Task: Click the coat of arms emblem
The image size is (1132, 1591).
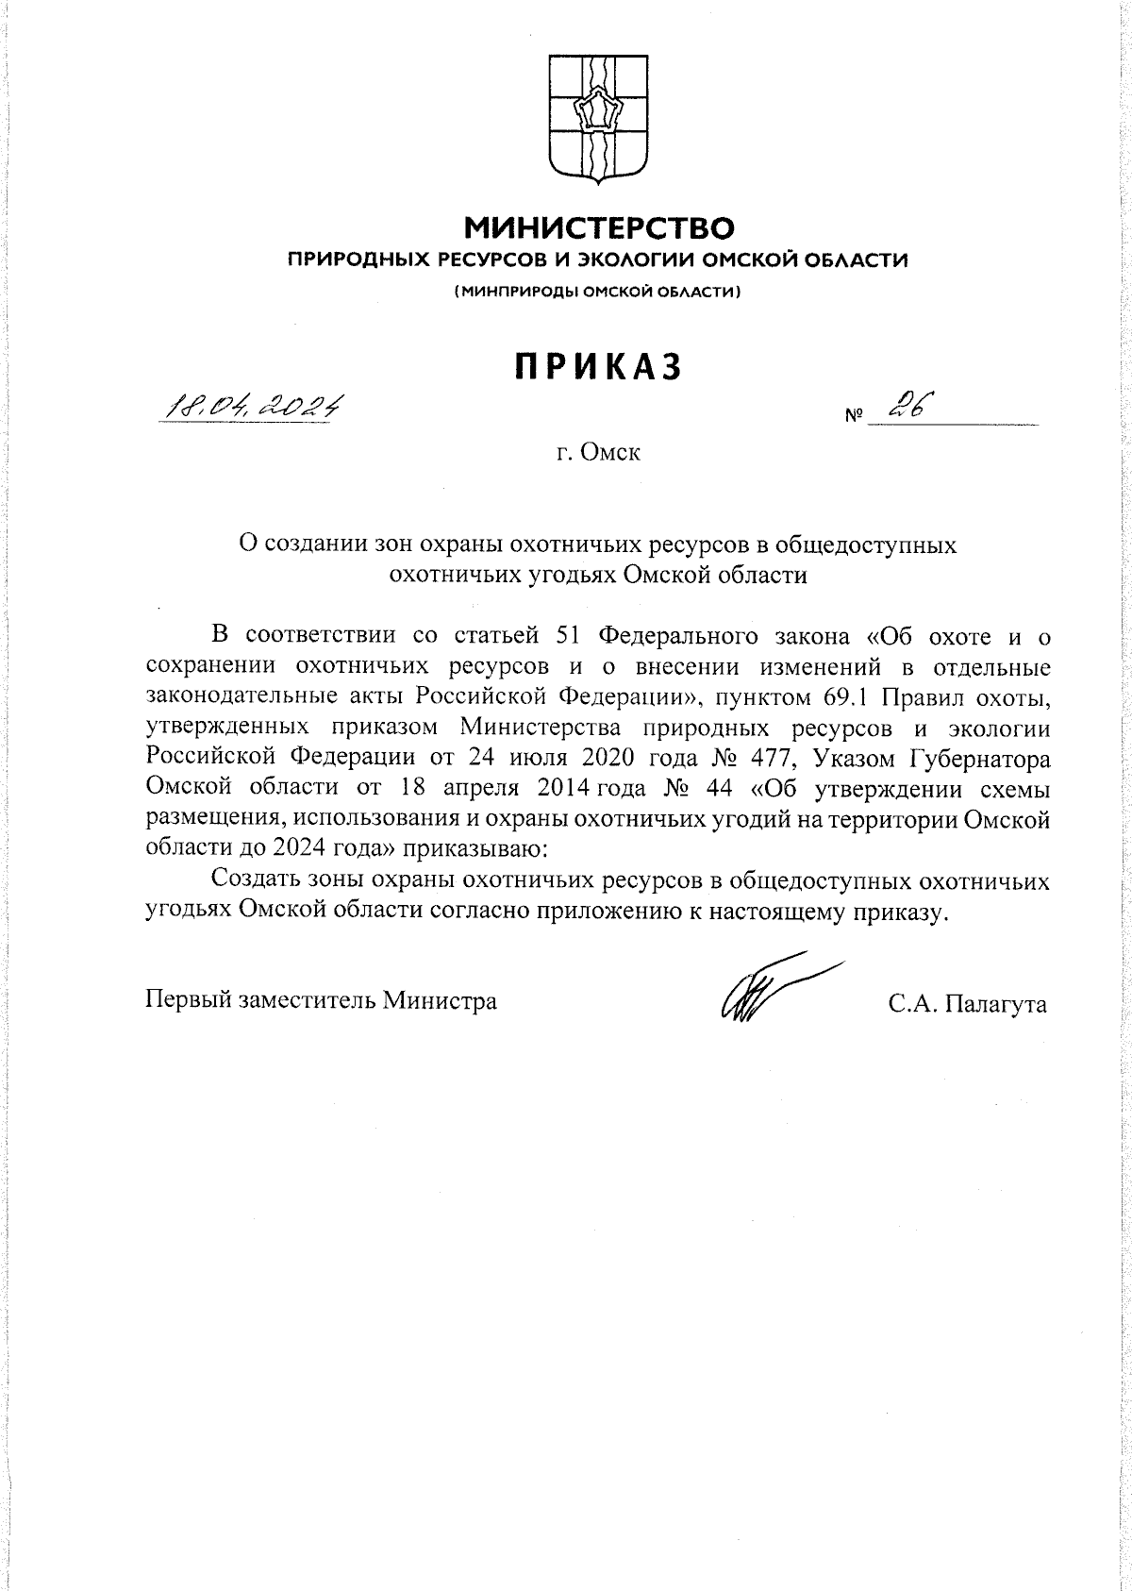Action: (597, 118)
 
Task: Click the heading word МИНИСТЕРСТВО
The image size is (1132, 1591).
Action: (598, 227)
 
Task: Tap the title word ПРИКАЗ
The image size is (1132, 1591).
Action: (598, 367)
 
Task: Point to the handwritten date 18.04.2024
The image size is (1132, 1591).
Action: (253, 406)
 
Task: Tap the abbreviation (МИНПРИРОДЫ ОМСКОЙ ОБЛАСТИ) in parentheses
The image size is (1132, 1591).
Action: (598, 293)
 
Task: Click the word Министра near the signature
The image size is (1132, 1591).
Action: (440, 1000)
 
